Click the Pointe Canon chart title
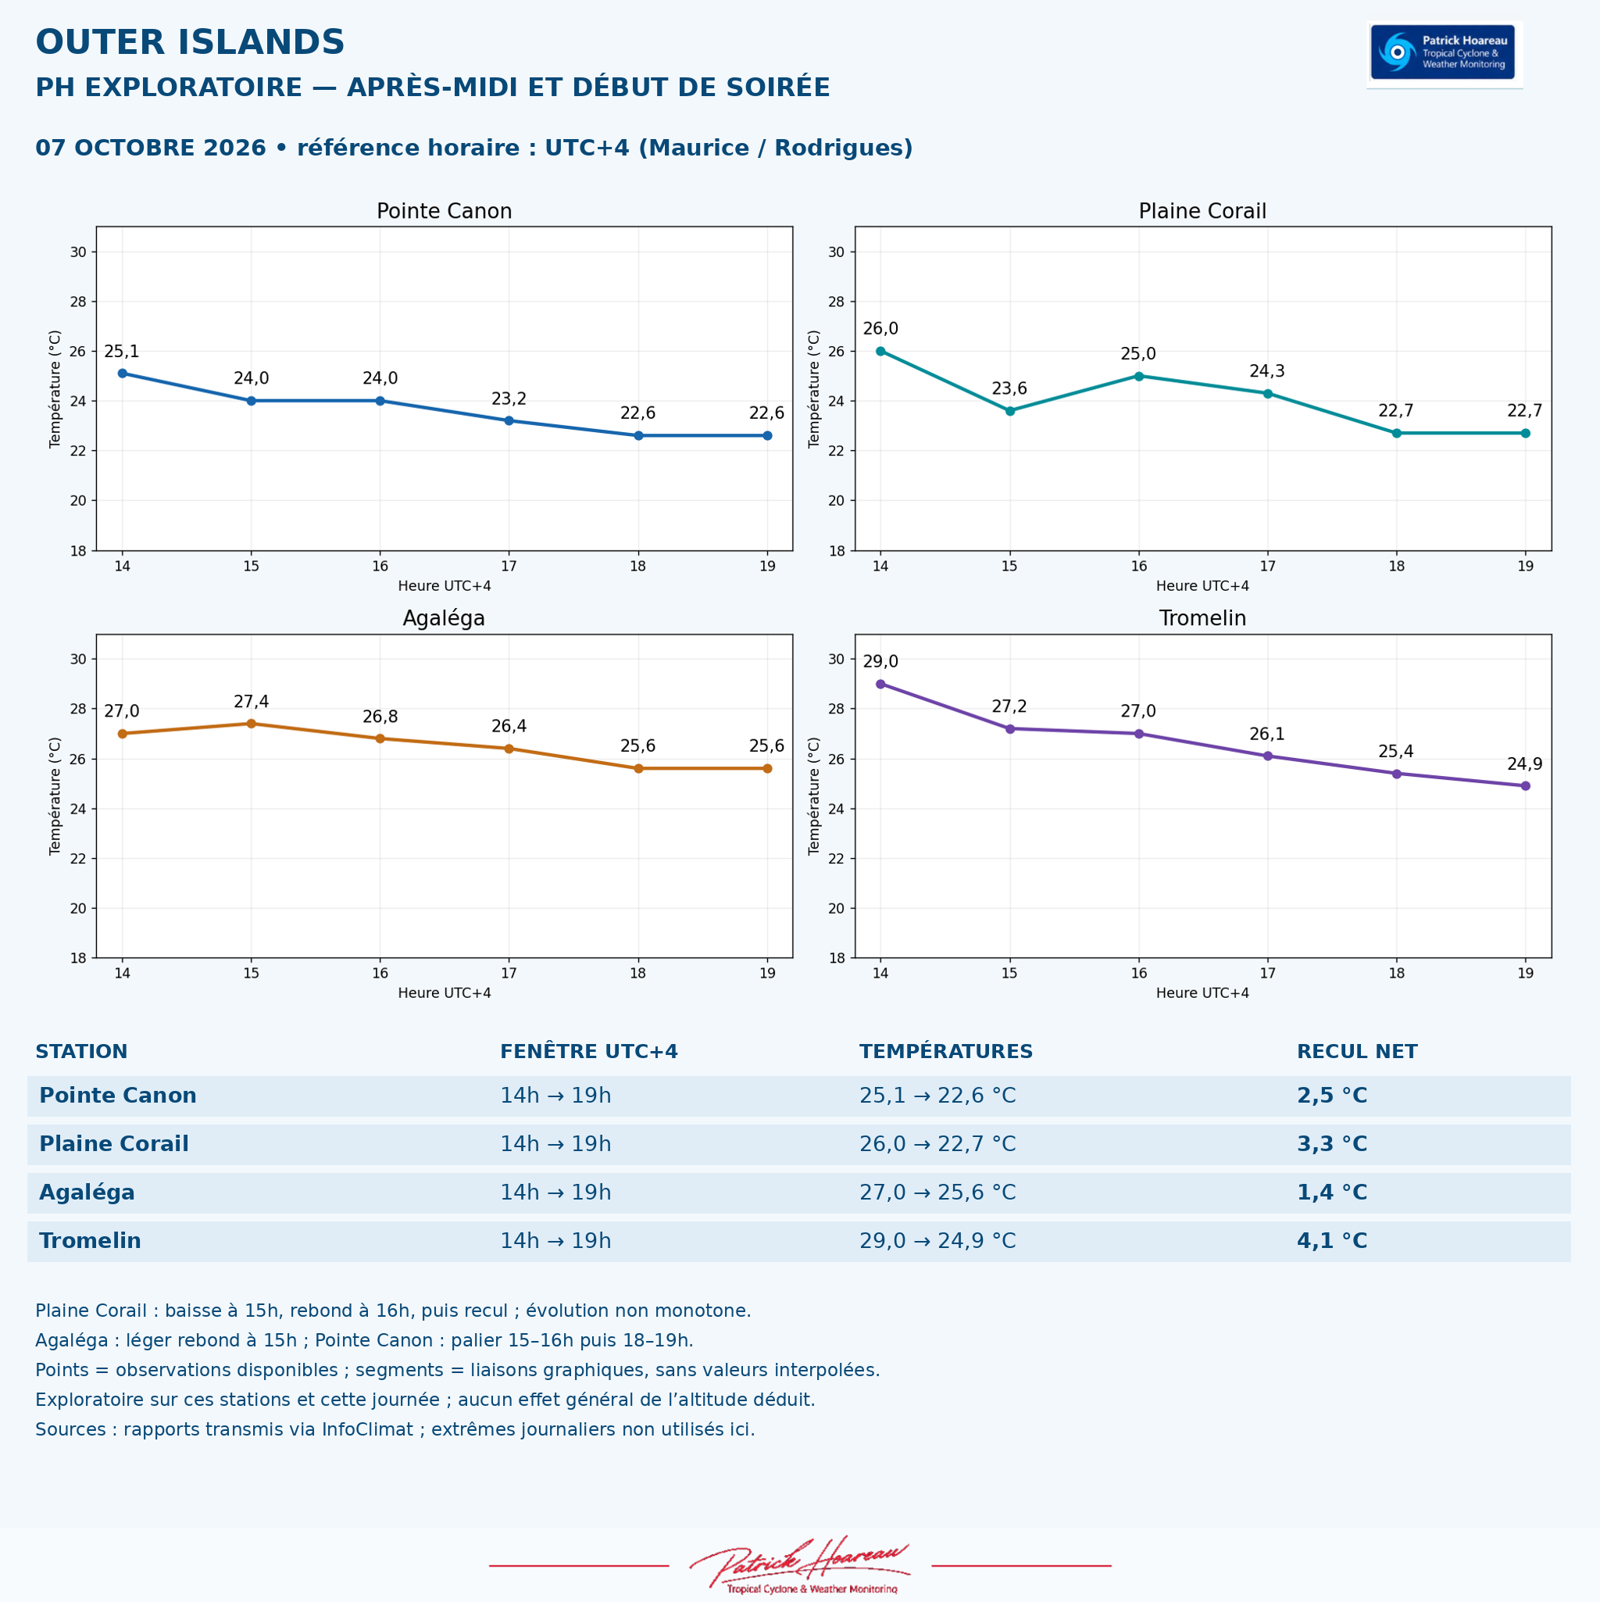[x=445, y=212]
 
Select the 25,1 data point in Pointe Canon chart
[x=122, y=373]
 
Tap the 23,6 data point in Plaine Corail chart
[x=1009, y=410]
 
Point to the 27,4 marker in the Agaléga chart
[x=252, y=724]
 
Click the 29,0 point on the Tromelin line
[x=880, y=684]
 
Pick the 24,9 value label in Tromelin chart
[x=1524, y=764]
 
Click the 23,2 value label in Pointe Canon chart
[x=509, y=399]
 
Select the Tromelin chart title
[x=1203, y=619]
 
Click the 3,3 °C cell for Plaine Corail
[x=1332, y=1144]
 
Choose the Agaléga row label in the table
[x=87, y=1193]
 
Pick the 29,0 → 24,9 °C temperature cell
[x=937, y=1241]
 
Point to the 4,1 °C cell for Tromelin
[x=1332, y=1241]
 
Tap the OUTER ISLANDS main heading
[x=190, y=42]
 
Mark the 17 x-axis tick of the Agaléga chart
[x=509, y=974]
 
